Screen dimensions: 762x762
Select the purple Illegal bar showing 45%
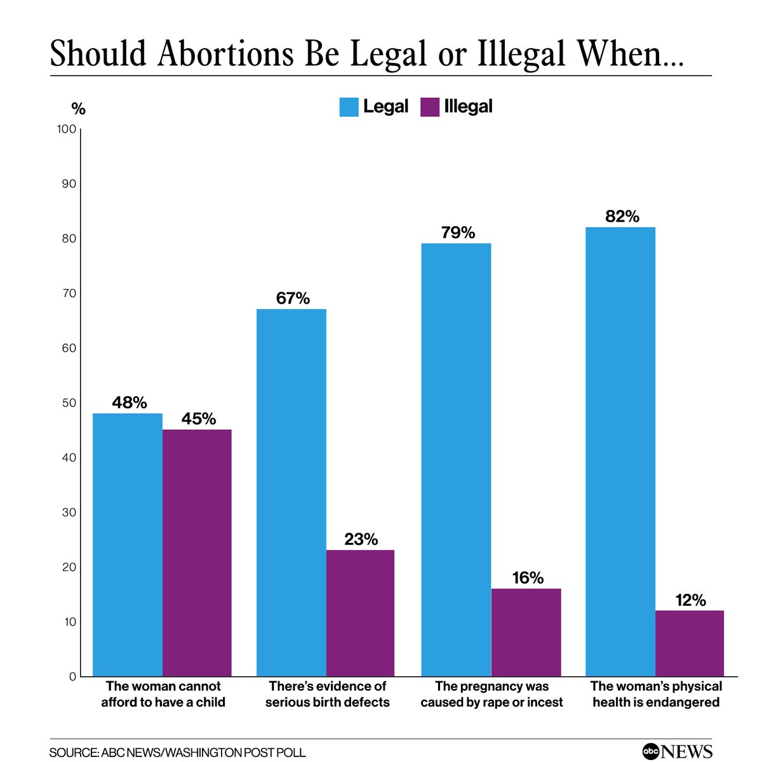coord(197,552)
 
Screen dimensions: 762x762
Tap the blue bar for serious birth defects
coord(291,492)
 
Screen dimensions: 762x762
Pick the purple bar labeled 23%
coord(360,613)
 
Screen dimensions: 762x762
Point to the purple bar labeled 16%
coord(526,632)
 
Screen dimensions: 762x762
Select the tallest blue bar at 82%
coord(620,451)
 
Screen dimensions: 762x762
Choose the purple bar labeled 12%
coord(690,643)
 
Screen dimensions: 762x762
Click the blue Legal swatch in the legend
coord(349,107)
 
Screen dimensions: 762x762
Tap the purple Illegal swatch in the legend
coord(430,107)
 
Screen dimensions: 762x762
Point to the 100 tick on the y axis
coord(67,130)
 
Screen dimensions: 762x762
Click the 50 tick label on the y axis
coord(69,403)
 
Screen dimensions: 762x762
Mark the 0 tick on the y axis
coord(72,677)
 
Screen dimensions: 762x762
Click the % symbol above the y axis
coord(78,109)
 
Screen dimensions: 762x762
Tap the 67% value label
coord(293,298)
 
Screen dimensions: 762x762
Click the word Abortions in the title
coord(225,54)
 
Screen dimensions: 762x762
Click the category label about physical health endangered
coord(656,694)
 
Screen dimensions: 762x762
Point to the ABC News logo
coord(677,751)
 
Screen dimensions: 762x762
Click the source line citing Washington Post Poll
coord(178,752)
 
